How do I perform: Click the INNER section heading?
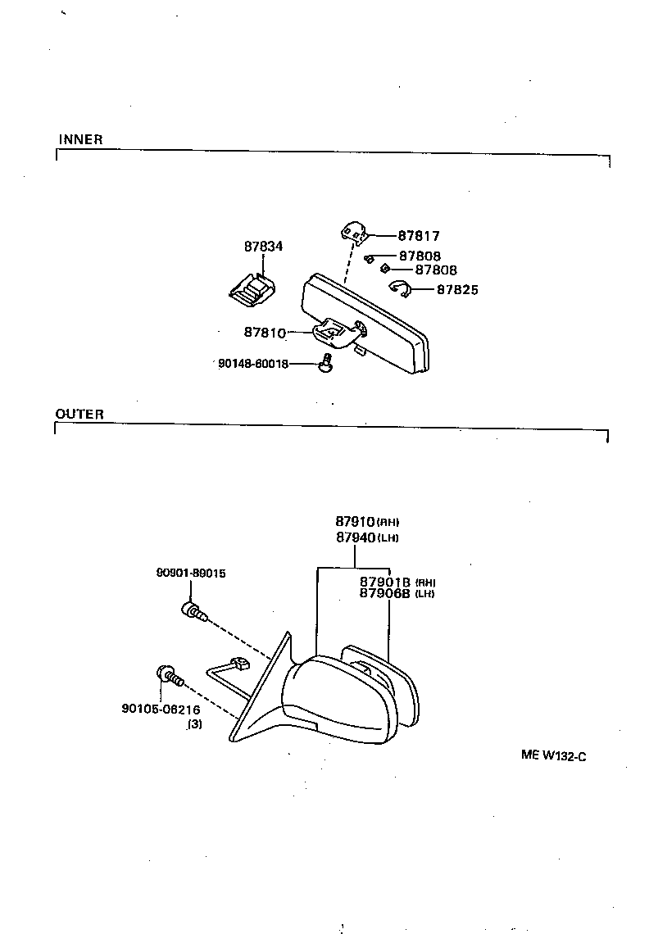tap(80, 140)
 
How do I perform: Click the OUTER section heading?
tap(79, 415)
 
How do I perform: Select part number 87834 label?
tap(263, 246)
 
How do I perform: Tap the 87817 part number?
tap(419, 236)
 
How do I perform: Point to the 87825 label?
tap(457, 289)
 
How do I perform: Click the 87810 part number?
tap(264, 333)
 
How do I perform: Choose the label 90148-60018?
tap(253, 363)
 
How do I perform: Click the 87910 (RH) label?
tap(366, 521)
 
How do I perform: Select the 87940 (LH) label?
tap(366, 537)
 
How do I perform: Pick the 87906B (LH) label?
tap(397, 594)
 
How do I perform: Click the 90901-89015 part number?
tap(191, 574)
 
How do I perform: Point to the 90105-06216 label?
tap(161, 710)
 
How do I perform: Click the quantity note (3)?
tap(195, 724)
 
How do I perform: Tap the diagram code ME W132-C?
tap(553, 756)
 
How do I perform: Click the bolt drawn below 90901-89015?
tap(192, 610)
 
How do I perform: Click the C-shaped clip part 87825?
tap(399, 288)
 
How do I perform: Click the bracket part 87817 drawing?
tap(353, 232)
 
